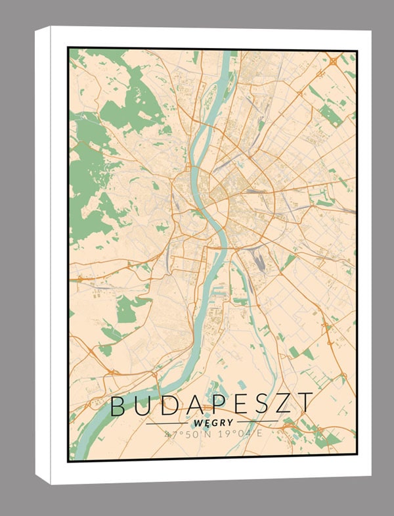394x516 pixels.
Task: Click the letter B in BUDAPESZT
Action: pyautogui.click(x=119, y=406)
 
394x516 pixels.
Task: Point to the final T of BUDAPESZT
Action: pyautogui.click(x=303, y=404)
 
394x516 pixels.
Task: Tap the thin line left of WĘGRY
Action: pyautogui.click(x=168, y=423)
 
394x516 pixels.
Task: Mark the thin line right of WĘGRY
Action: pyautogui.click(x=257, y=421)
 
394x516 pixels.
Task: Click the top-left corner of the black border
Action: pyautogui.click(x=69, y=49)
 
